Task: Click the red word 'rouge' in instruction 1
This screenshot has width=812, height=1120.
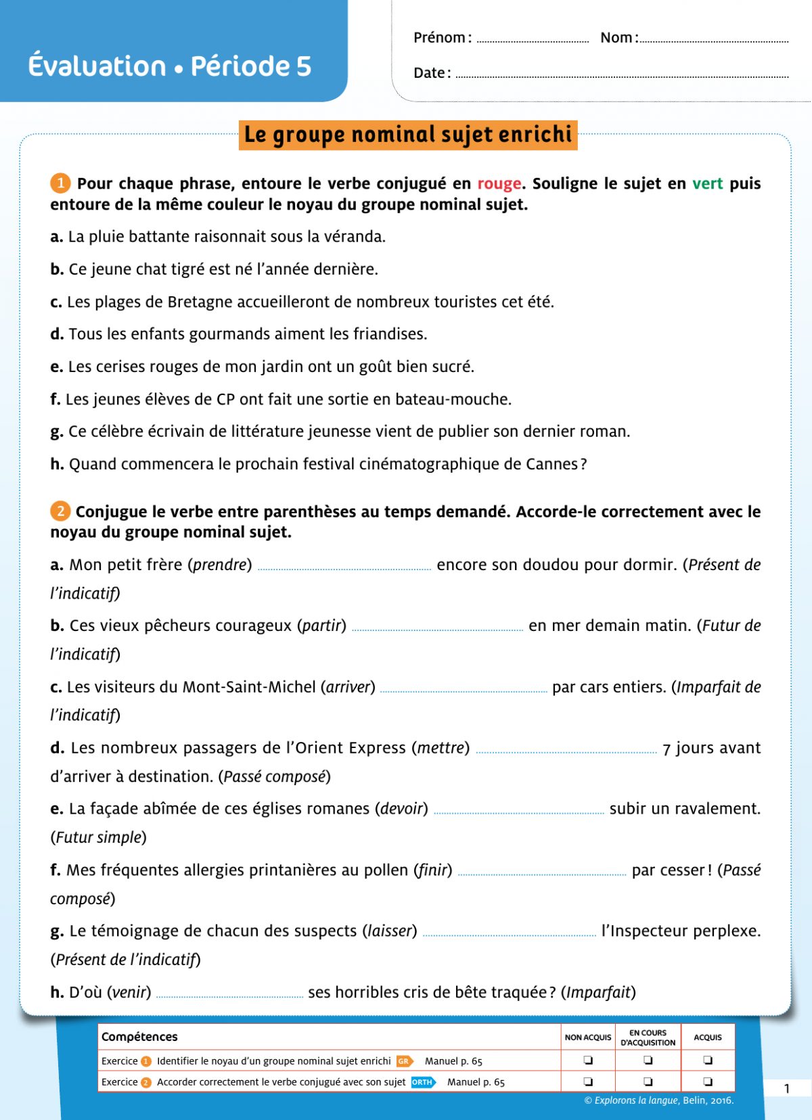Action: (x=499, y=184)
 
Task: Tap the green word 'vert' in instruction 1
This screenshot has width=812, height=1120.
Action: (x=707, y=184)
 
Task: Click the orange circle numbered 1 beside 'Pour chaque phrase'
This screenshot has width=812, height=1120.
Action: (x=60, y=183)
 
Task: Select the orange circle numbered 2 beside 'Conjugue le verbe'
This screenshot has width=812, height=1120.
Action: (x=60, y=511)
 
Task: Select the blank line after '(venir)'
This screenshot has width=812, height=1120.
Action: (x=230, y=996)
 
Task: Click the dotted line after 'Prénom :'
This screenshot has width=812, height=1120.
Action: (x=533, y=41)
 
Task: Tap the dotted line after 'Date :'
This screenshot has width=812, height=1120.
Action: (x=622, y=76)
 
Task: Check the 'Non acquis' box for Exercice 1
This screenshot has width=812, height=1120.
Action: (x=588, y=1060)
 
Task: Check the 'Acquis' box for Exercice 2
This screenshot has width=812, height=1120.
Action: (x=708, y=1081)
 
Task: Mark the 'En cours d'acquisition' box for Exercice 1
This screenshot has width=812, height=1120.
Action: (x=648, y=1060)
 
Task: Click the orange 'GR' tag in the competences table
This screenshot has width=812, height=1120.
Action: (x=404, y=1061)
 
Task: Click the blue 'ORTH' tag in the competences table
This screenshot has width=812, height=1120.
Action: (x=423, y=1082)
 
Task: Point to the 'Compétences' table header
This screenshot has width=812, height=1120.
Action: (x=139, y=1037)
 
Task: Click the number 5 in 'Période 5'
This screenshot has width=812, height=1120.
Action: (x=303, y=66)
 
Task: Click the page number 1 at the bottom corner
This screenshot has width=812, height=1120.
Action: (x=787, y=1088)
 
